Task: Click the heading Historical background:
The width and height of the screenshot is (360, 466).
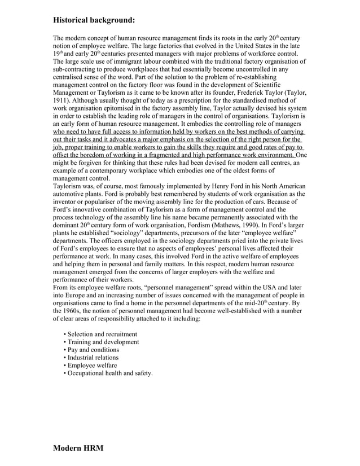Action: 94,20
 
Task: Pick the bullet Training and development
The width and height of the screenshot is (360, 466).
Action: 103,342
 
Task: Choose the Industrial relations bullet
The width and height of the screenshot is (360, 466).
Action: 93,358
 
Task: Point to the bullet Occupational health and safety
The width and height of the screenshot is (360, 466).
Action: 109,373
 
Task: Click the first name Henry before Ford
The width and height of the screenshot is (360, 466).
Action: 209,186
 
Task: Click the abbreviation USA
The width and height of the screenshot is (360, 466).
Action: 264,287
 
